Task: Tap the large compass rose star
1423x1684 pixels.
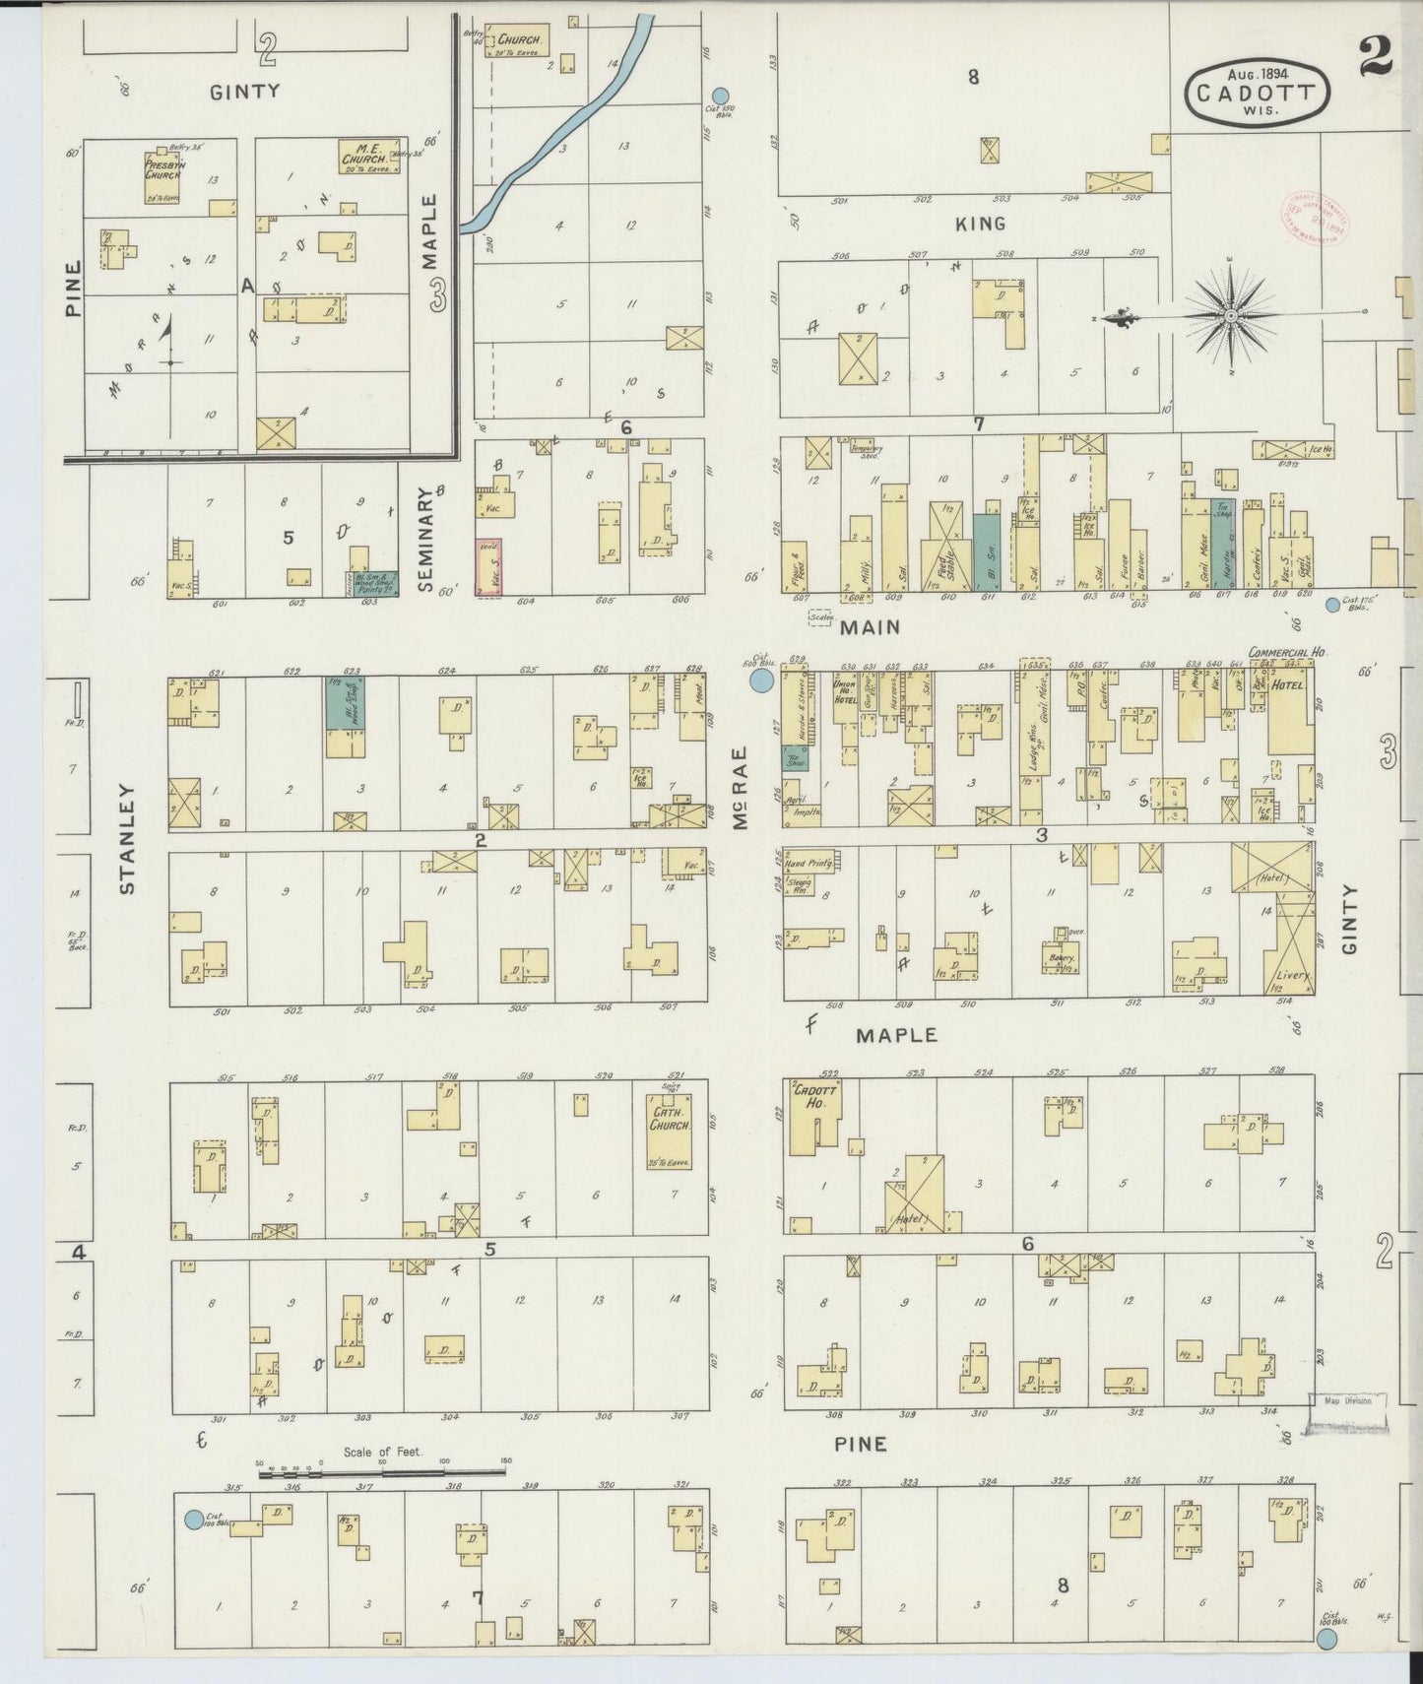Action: click(1231, 315)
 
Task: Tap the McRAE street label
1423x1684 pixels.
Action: click(741, 787)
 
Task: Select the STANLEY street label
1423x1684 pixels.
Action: click(127, 838)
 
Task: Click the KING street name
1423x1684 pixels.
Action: click(981, 224)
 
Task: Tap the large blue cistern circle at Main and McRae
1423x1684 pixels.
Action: click(761, 680)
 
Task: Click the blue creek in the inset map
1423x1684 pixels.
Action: click(571, 118)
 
